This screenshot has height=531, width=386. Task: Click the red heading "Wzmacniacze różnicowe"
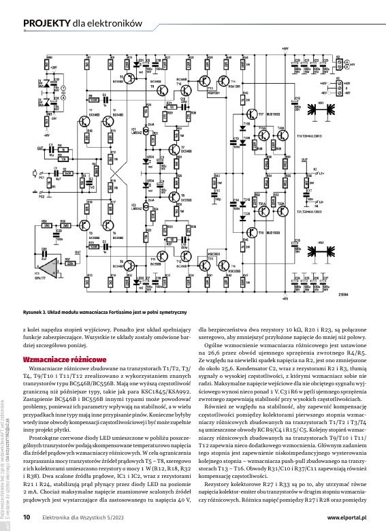(63, 358)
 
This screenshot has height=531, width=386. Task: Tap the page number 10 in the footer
(27, 517)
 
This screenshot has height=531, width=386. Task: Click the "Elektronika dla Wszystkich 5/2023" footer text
(83, 517)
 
